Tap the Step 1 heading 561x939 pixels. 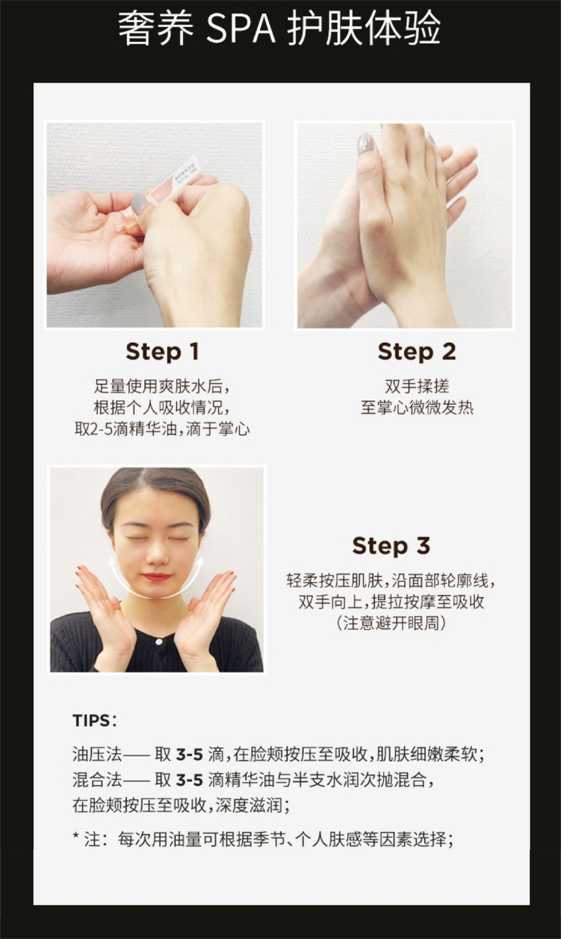pos(162,352)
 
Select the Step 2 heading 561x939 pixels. pos(416,352)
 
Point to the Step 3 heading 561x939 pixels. pos(391,546)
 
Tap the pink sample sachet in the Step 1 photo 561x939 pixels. pos(170,181)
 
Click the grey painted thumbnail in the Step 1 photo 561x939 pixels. pos(139,203)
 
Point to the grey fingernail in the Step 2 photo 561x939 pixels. pos(365,145)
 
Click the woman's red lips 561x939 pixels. pos(156,577)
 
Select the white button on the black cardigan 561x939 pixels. pos(159,641)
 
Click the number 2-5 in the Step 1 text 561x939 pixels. pos(100,429)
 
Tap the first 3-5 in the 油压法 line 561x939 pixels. pos(189,754)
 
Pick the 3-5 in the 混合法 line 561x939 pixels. pos(189,780)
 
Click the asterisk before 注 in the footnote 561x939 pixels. pos(76,836)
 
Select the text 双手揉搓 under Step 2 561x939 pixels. pos(417,386)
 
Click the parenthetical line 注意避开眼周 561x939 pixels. pos(391,624)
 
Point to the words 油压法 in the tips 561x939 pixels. pos(97,754)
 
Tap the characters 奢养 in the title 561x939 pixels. pos(156,29)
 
